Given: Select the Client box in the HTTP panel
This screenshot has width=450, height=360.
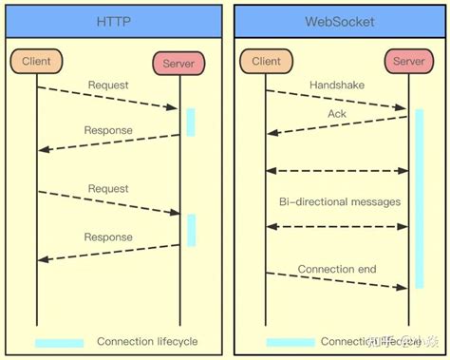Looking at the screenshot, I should click(37, 62).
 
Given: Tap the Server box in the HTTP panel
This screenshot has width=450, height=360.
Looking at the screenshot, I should click(179, 64).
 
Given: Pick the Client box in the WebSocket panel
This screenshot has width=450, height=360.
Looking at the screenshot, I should click(266, 62).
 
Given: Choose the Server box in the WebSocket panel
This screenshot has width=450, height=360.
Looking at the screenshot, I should click(408, 62).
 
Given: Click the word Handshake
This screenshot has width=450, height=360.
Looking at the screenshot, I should click(336, 85).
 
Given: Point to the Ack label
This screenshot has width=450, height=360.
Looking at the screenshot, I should click(337, 114).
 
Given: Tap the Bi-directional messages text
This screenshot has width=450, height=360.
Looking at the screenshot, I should click(339, 201).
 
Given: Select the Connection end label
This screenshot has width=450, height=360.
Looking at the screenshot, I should click(337, 270).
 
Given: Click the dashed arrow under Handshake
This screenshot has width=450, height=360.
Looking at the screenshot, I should click(337, 100).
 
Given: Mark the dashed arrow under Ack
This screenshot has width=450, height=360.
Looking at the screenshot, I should click(337, 124).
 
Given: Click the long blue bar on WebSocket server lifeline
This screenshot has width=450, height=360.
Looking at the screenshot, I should click(419, 199).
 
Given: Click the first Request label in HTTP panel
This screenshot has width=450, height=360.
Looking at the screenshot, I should click(108, 85).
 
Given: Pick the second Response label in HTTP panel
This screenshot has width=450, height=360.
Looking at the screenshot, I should click(108, 237).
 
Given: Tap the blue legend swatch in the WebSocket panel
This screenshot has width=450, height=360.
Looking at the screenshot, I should click(290, 342).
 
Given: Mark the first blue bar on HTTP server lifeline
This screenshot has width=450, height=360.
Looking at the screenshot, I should click(191, 122).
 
